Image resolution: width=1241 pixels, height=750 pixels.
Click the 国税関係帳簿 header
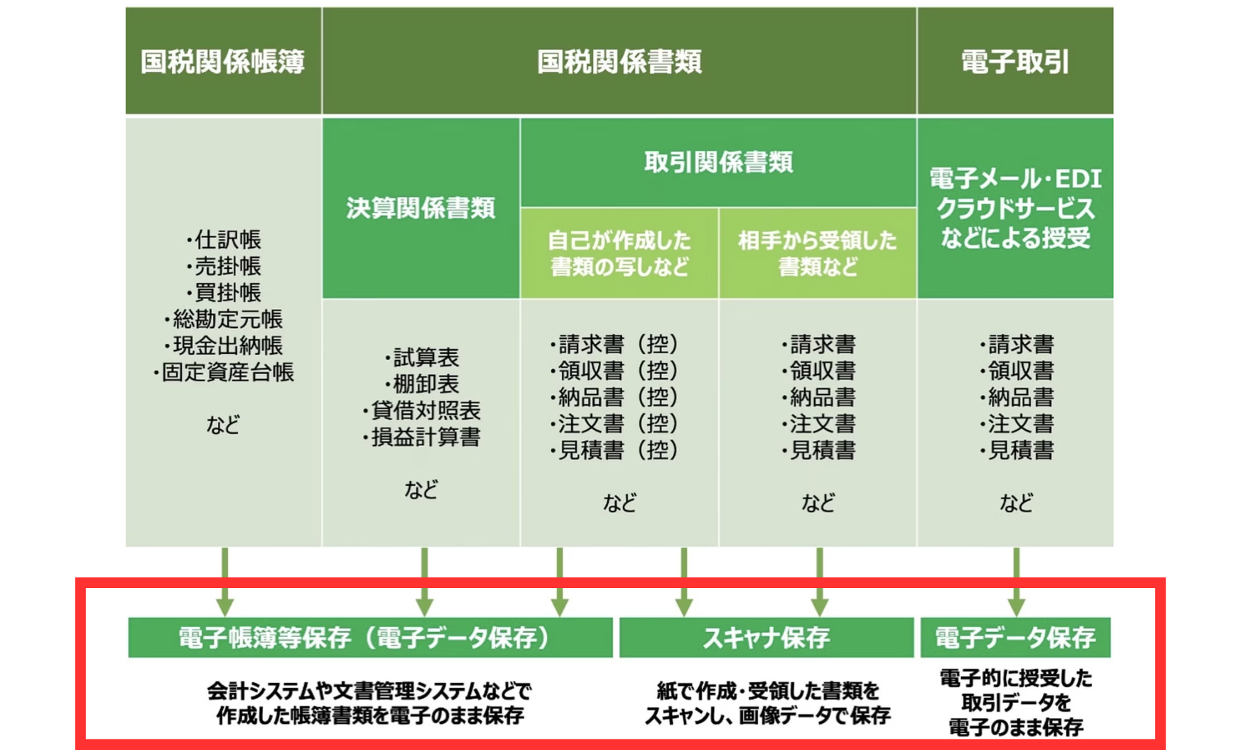(x=223, y=62)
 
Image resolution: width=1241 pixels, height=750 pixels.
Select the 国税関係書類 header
(x=619, y=62)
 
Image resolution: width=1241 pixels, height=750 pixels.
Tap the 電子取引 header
(x=1015, y=62)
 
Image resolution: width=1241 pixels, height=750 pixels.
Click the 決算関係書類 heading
(x=421, y=208)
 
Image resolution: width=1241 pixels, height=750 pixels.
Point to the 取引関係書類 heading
(x=718, y=163)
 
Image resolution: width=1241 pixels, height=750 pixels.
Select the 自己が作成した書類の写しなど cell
(x=619, y=254)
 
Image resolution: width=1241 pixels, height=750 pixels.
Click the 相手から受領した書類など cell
(x=818, y=254)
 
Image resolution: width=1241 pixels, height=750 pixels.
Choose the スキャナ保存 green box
(x=766, y=638)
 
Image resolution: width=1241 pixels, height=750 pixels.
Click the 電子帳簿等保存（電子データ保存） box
(x=370, y=638)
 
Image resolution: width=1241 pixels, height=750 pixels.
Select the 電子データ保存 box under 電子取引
(x=1015, y=638)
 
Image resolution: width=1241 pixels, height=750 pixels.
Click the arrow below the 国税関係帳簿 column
(x=224, y=582)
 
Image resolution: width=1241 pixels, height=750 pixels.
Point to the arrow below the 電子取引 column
(x=1016, y=582)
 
